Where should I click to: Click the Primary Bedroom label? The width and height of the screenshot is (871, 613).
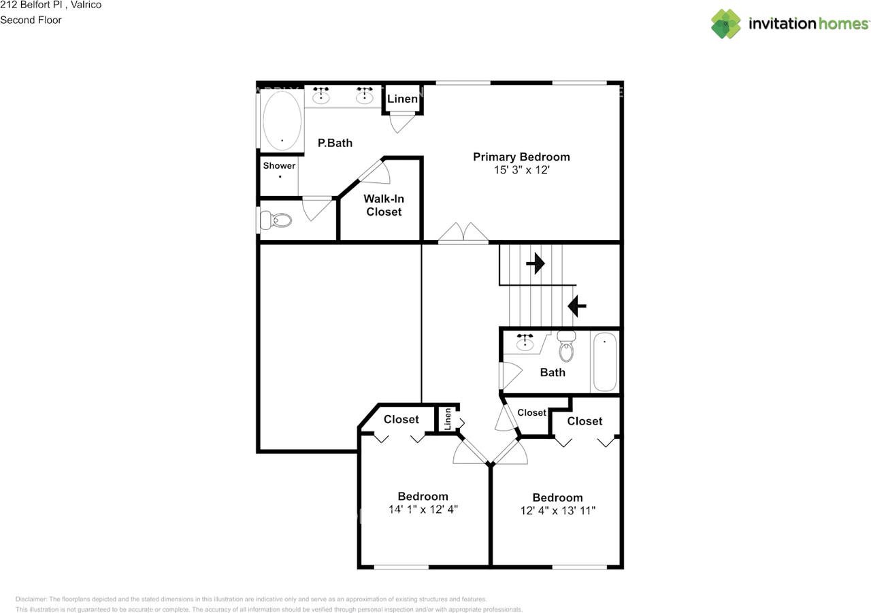521,156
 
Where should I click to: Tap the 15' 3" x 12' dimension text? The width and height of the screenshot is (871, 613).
521,171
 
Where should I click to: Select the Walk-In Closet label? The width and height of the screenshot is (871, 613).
384,205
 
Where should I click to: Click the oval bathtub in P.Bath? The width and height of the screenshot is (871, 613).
282,121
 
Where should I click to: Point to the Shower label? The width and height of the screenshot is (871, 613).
279,165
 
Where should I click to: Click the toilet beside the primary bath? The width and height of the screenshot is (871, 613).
277,220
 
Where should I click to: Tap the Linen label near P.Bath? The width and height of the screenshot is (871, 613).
402,99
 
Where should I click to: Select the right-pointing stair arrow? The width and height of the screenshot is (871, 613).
536,263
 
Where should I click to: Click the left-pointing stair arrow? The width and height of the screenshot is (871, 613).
577,306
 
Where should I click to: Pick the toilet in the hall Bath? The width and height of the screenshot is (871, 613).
566,348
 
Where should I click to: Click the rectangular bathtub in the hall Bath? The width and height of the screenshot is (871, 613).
604,362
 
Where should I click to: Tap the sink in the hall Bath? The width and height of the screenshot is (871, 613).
525,344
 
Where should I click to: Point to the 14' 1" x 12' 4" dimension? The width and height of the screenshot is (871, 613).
423,509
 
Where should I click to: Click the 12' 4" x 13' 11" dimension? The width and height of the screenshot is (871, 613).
557,510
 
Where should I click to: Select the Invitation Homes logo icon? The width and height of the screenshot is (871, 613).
726,24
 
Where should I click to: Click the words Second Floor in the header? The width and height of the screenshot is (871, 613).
31,20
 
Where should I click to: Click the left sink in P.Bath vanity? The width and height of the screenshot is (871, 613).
321,97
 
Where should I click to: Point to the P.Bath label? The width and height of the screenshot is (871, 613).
335,143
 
